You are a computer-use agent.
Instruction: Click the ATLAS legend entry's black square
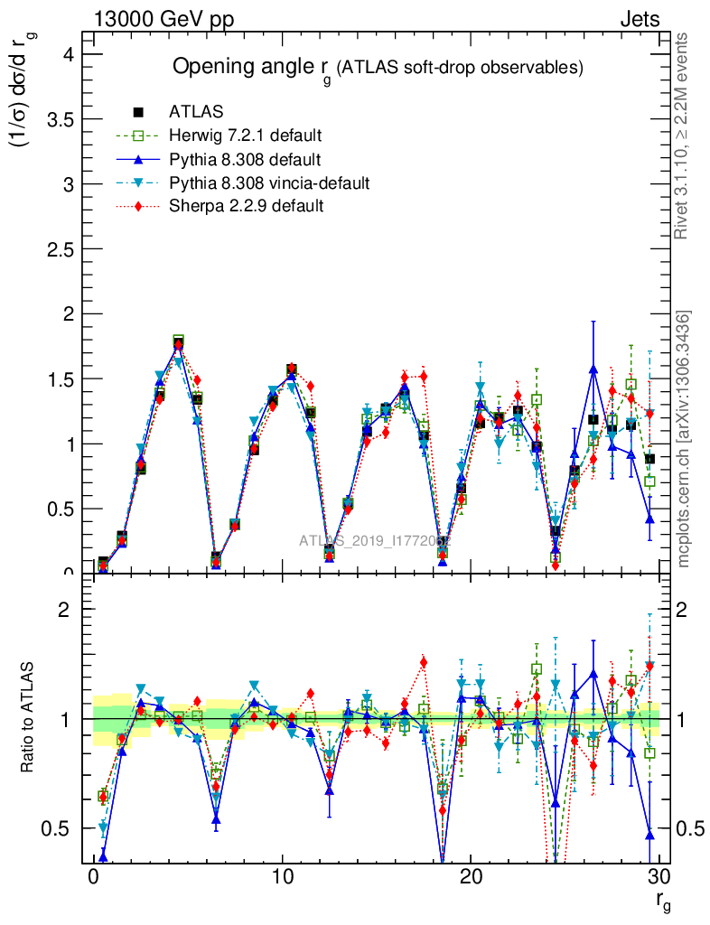coord(138,112)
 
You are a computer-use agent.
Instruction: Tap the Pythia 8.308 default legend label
coord(245,160)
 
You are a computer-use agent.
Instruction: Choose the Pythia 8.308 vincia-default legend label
coord(269,183)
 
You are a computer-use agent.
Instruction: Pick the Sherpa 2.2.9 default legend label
coord(247,207)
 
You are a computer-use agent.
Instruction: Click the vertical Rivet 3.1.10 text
coord(682,135)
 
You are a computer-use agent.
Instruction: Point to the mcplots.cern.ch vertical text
coord(684,438)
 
